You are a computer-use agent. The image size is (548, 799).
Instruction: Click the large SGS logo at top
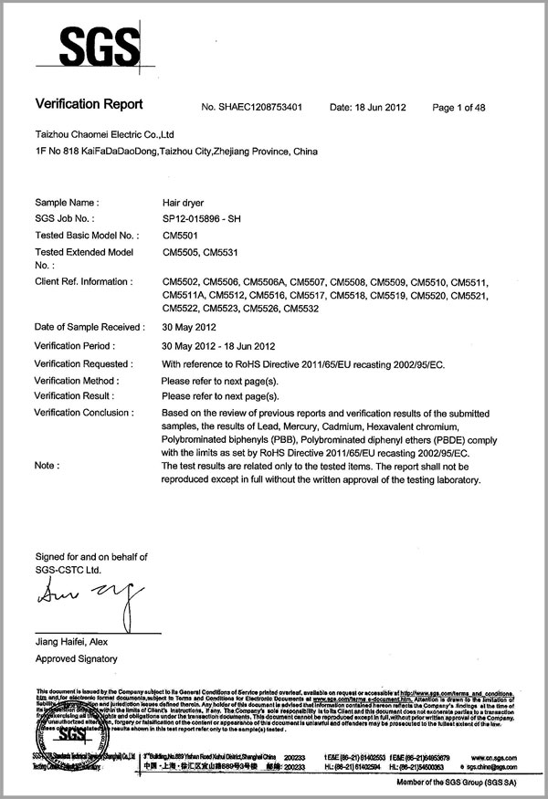[x=90, y=43]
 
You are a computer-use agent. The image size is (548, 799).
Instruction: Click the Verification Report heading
[x=90, y=106]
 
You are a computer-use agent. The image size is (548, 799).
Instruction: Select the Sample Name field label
[x=66, y=200]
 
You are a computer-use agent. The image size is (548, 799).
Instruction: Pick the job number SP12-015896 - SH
[x=203, y=217]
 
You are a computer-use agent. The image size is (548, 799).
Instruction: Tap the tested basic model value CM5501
[x=180, y=235]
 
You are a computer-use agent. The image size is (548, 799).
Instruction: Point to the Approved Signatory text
[x=76, y=658]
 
